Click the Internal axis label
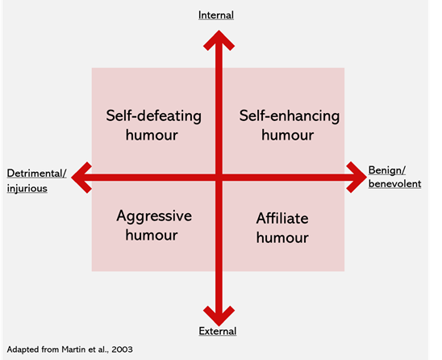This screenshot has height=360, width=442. pos(216,15)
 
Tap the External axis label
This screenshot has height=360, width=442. pos(218,331)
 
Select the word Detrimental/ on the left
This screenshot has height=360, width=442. pos(36,174)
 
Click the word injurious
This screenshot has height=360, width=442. pos(27,188)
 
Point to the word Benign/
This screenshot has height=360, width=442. pos(387,170)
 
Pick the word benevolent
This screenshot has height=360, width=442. pos(394,184)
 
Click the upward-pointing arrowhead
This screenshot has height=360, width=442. pos(219,40)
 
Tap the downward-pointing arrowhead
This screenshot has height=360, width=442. pos(219,316)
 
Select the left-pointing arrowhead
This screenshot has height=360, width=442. pos(81,178)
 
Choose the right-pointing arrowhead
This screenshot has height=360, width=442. pos(357,178)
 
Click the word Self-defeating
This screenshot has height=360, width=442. pos(153,116)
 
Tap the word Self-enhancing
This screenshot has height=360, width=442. pos(290,116)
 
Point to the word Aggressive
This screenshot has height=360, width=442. pos(154,216)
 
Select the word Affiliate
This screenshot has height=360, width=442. pos(282,219)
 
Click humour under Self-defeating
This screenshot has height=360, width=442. pos(152,135)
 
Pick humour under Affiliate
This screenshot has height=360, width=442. pos(282,237)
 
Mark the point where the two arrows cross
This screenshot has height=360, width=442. pos(219,178)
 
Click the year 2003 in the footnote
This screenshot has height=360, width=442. pos(122,350)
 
